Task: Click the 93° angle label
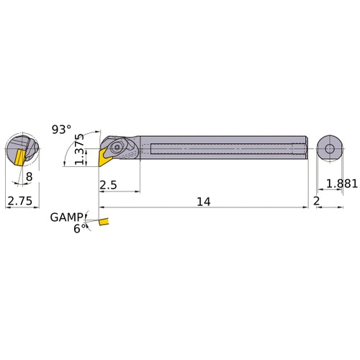coord(62,130)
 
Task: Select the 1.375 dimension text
coord(81,149)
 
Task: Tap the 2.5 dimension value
coord(108,185)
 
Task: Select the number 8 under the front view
coord(29,176)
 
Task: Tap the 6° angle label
coord(79,227)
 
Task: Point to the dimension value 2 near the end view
coord(316,202)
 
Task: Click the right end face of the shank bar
coord(305,149)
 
